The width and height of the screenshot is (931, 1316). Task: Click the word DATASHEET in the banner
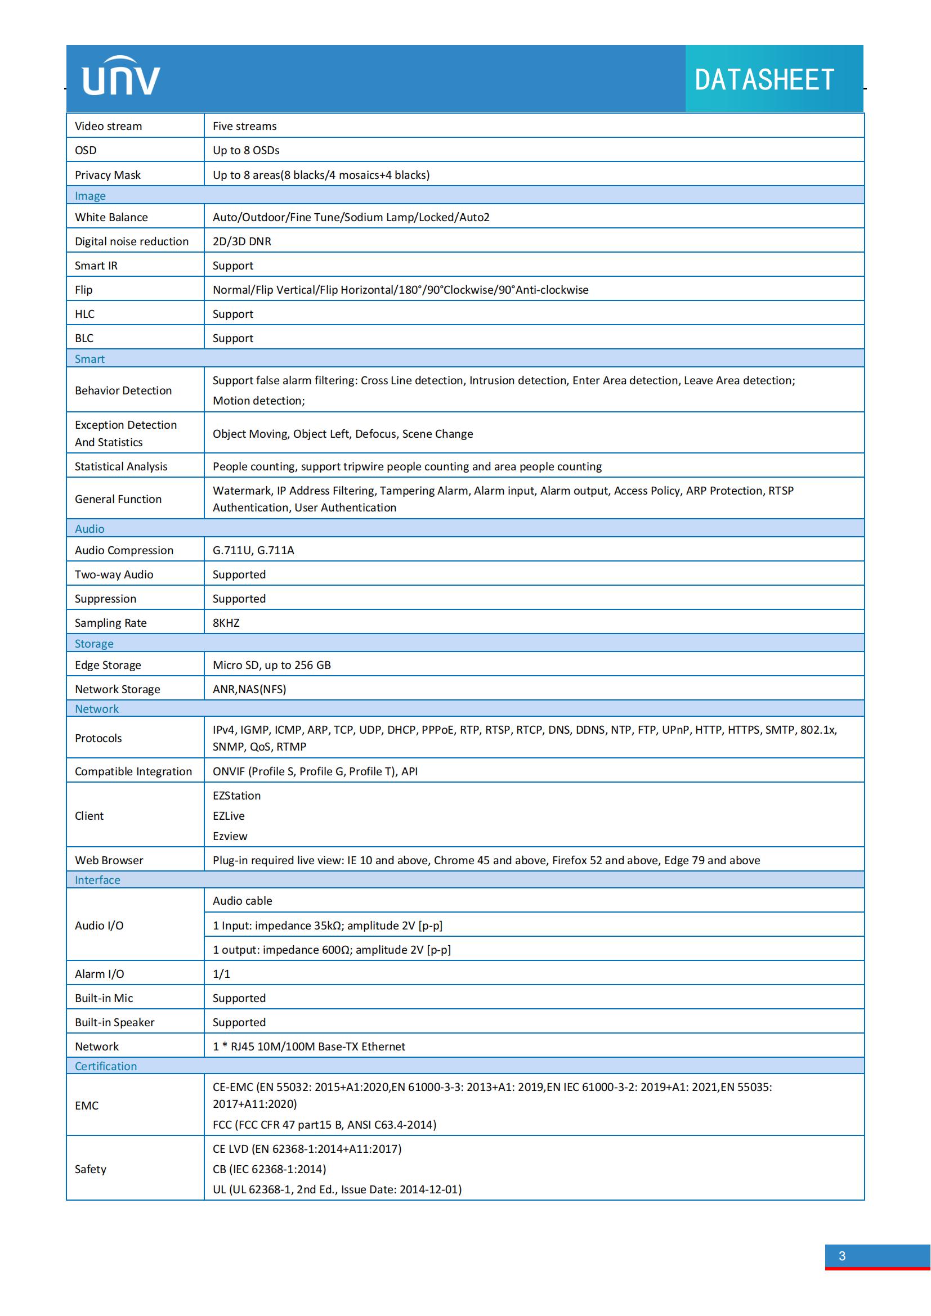pyautogui.click(x=764, y=80)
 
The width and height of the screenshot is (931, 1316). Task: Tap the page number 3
pyautogui.click(x=842, y=1256)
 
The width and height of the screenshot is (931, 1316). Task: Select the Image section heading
pyautogui.click(x=90, y=196)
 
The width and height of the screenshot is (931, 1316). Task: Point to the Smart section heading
pyautogui.click(x=89, y=359)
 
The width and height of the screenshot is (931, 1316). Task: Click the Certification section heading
pyautogui.click(x=105, y=1066)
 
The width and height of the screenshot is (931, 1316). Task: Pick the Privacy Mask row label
pyautogui.click(x=107, y=175)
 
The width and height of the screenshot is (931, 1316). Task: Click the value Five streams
pyautogui.click(x=244, y=126)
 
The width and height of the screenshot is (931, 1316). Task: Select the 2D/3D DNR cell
pyautogui.click(x=242, y=241)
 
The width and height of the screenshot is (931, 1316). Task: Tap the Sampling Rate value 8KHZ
pyautogui.click(x=226, y=623)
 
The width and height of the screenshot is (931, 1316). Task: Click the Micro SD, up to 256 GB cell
pyautogui.click(x=271, y=665)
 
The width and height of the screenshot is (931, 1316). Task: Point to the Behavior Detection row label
pyautogui.click(x=123, y=390)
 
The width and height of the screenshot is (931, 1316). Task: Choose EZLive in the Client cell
pyautogui.click(x=228, y=816)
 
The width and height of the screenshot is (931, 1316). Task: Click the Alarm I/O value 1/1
pyautogui.click(x=221, y=974)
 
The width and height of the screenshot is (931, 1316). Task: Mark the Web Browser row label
pyautogui.click(x=109, y=860)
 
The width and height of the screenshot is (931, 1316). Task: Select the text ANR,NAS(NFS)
pyautogui.click(x=249, y=689)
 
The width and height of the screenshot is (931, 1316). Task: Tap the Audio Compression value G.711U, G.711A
pyautogui.click(x=253, y=550)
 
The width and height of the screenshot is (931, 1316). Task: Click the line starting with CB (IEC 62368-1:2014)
pyautogui.click(x=269, y=1169)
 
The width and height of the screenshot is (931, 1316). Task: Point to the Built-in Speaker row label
pyautogui.click(x=115, y=1022)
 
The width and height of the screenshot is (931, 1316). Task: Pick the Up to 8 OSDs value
pyautogui.click(x=246, y=150)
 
